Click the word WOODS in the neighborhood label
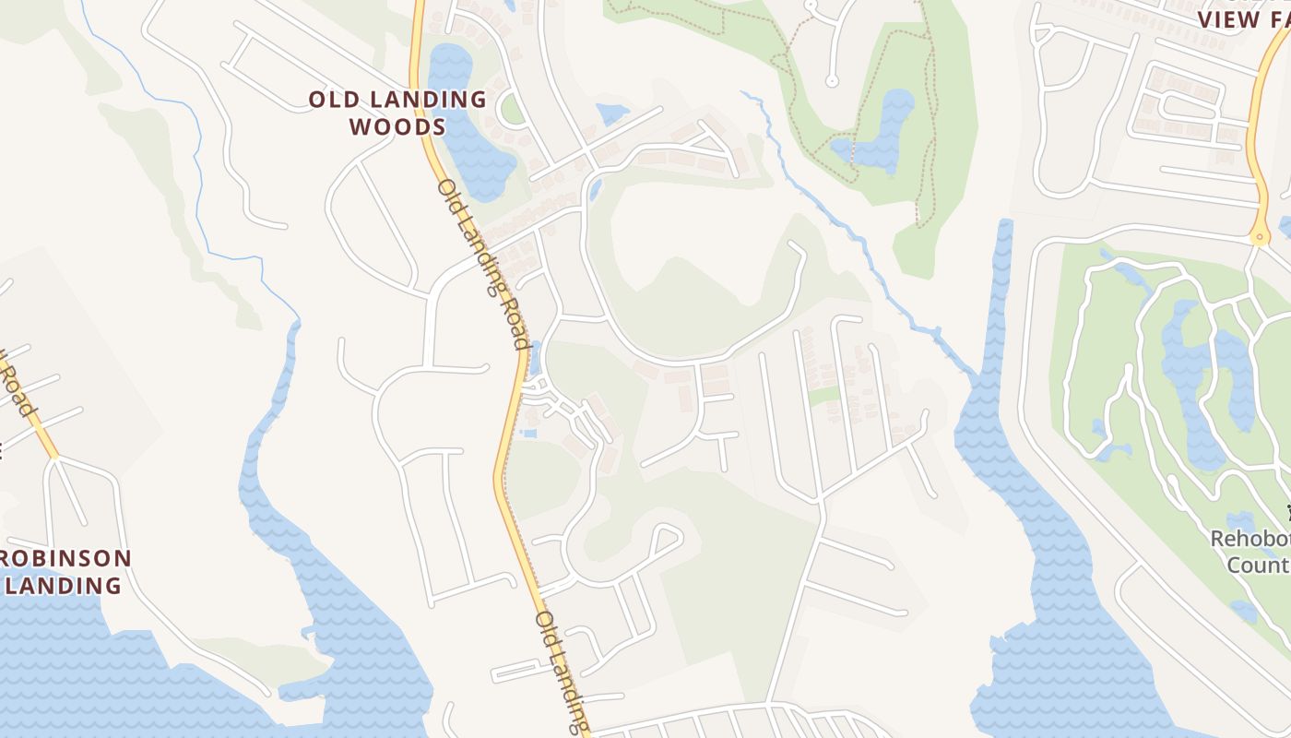point(398,126)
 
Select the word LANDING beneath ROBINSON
point(63,585)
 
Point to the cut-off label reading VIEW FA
point(1242,18)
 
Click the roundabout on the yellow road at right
point(1260,238)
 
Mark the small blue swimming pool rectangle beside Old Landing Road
point(527,433)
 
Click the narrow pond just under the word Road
point(535,355)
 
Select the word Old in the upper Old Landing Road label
point(449,196)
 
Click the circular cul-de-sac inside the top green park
point(831,81)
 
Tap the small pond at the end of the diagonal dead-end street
point(611,113)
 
